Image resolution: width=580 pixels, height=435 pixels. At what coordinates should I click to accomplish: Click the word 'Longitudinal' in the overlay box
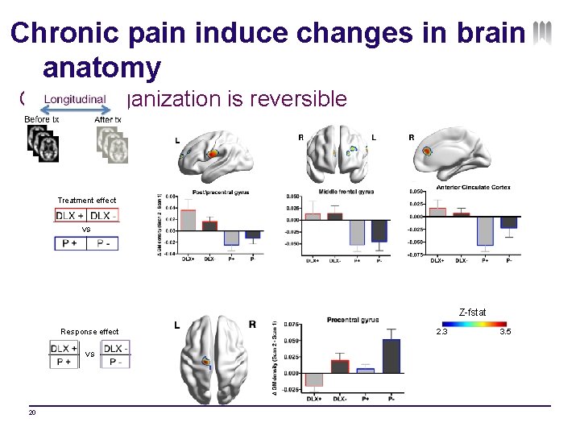coord(75,99)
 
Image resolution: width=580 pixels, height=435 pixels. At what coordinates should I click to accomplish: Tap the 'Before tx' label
coord(42,119)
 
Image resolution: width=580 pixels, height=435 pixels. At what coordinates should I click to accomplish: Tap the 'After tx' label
coord(108,119)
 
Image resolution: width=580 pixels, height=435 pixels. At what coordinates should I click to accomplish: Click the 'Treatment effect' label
coord(87,201)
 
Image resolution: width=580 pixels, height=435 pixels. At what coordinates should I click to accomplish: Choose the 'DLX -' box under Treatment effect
coord(104,216)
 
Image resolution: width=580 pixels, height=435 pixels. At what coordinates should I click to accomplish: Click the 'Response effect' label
coord(89,332)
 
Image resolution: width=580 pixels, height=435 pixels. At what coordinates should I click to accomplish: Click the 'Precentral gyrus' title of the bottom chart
coord(353,321)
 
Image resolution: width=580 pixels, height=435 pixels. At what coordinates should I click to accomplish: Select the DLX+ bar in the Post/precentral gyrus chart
coord(187,219)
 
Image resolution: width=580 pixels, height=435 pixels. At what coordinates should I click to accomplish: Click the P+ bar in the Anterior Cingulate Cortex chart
coord(485,230)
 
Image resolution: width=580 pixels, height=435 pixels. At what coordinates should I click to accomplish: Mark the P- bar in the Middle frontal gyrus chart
coord(379,230)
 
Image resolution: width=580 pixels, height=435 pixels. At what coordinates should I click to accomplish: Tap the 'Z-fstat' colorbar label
coord(472,312)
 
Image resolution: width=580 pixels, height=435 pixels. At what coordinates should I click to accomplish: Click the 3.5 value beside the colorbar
coord(506,332)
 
